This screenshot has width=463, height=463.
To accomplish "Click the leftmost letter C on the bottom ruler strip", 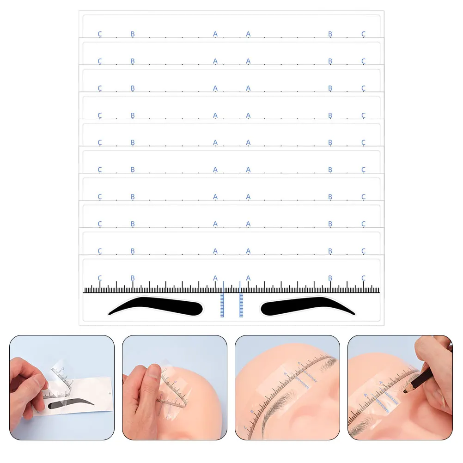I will coord(100,278).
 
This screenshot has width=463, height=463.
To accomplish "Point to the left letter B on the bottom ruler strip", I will coord(133,278).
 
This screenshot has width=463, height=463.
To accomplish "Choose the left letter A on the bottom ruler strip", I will coord(215,278).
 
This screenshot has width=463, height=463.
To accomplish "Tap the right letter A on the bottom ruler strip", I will coord(248,278).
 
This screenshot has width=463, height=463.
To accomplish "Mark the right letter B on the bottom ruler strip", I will coord(330,278).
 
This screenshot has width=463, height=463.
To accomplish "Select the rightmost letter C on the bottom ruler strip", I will coord(363,278).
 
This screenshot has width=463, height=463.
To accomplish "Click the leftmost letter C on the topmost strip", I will coord(100,34).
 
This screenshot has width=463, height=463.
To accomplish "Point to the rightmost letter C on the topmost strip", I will coord(363,34).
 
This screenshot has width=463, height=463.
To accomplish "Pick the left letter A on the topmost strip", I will coord(215,34).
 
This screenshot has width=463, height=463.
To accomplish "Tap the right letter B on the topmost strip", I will coord(330,34).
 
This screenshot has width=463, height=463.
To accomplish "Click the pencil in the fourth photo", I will coord(423,377).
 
